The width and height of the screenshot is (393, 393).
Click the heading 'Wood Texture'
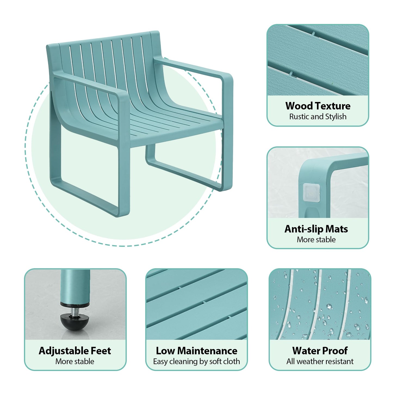318,106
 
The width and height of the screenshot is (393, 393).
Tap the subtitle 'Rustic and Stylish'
318,117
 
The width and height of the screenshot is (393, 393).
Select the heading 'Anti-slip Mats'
316,229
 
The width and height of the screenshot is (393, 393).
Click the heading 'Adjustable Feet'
75,351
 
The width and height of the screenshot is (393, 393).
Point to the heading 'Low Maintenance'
196,351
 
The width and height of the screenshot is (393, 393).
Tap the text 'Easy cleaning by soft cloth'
196,361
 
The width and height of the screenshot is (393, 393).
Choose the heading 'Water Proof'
320,351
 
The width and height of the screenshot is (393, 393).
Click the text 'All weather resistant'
320,361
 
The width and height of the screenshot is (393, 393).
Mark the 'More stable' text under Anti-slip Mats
316,240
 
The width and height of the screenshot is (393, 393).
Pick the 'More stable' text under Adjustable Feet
75,361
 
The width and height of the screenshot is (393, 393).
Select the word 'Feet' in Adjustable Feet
101,351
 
